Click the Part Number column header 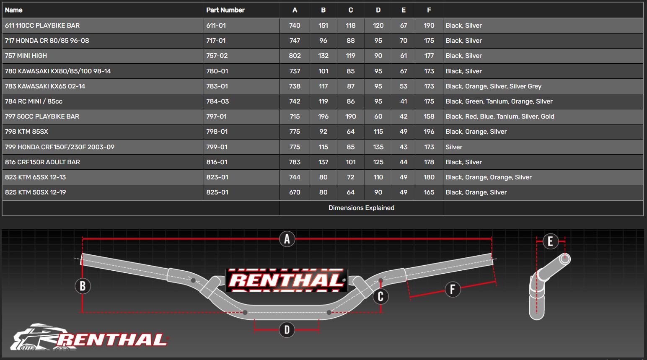click(225, 10)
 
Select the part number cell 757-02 click(217, 56)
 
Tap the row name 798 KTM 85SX click(26, 132)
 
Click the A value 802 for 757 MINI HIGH click(295, 56)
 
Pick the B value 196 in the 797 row click(323, 117)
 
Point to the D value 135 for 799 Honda click(378, 147)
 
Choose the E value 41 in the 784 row click(404, 101)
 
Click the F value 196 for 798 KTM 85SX click(429, 132)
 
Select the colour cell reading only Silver click(454, 147)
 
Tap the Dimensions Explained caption click(361, 208)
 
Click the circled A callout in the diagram click(287, 239)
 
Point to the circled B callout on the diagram click(83, 286)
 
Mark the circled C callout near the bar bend click(380, 297)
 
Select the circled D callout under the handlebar click(287, 330)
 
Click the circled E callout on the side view click(550, 241)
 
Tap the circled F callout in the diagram click(452, 289)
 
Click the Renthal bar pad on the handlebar click(287, 280)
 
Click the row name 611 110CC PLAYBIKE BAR click(42, 26)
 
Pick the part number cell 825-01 click(217, 192)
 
